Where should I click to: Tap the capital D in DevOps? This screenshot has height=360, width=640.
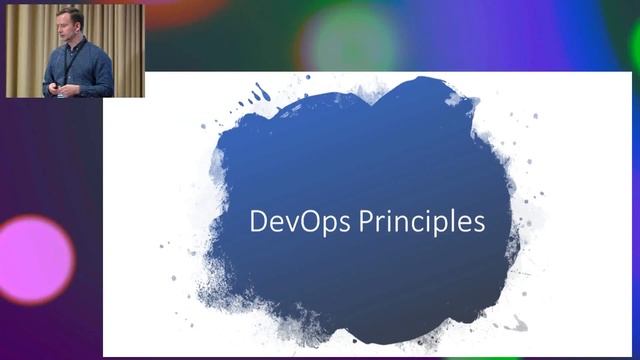pos(258,221)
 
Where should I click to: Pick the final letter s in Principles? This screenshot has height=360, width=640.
pos(480,223)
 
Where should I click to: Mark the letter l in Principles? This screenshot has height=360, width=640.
pos(456,220)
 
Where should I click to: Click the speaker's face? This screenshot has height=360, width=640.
pos(69,26)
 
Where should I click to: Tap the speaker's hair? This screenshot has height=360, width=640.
pos(69,13)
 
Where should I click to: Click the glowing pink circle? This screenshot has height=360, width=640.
pos(36,259)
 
